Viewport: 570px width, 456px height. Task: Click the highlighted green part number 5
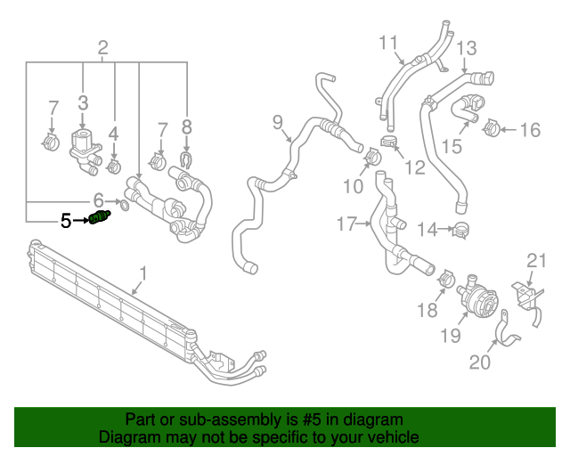click(100, 219)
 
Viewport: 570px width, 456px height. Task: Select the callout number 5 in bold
click(66, 220)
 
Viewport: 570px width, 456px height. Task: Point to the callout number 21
click(535, 260)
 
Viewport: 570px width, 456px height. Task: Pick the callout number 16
click(529, 131)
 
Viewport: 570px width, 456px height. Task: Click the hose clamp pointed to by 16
click(491, 131)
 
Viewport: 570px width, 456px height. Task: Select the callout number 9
click(277, 121)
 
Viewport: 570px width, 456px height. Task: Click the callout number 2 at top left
click(103, 47)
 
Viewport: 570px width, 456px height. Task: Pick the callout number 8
click(186, 127)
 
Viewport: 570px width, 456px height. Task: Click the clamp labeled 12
click(389, 142)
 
